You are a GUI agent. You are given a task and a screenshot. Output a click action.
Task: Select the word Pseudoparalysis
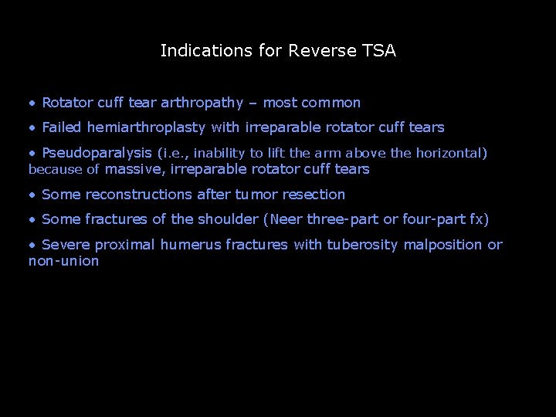(97, 153)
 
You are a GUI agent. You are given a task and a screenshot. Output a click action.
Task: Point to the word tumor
(251, 195)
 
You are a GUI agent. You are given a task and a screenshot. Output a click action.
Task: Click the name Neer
(286, 219)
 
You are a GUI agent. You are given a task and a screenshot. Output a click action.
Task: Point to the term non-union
(64, 262)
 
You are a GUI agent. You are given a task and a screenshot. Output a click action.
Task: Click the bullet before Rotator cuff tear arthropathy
(32, 103)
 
